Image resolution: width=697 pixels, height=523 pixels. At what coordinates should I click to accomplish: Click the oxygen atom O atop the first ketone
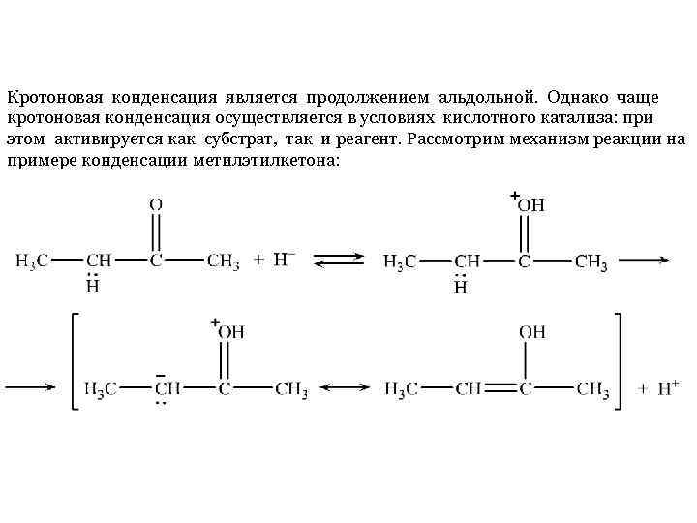156,203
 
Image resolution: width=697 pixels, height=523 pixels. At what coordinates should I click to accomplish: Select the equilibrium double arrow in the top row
338,261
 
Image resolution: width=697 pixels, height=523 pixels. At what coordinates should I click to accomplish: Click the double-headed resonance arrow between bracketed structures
346,389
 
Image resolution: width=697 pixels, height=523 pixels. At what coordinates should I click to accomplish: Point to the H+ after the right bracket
667,388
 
